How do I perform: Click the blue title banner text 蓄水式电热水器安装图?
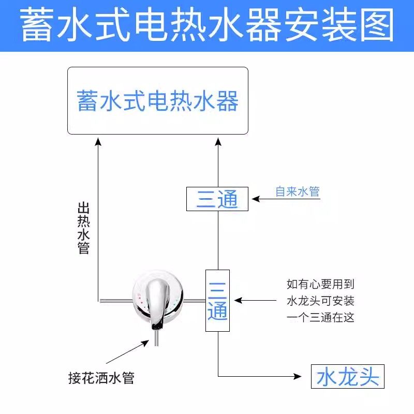tap(207, 26)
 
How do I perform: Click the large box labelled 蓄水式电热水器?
tap(157, 101)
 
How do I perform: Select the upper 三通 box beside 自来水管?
tap(217, 199)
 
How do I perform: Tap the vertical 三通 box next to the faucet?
tap(217, 300)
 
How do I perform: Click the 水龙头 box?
tap(348, 376)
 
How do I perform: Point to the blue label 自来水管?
tap(297, 192)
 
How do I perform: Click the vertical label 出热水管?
tap(83, 228)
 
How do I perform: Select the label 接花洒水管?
tap(101, 378)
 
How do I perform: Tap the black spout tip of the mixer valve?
tap(157, 326)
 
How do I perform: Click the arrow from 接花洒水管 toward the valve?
tap(127, 352)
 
